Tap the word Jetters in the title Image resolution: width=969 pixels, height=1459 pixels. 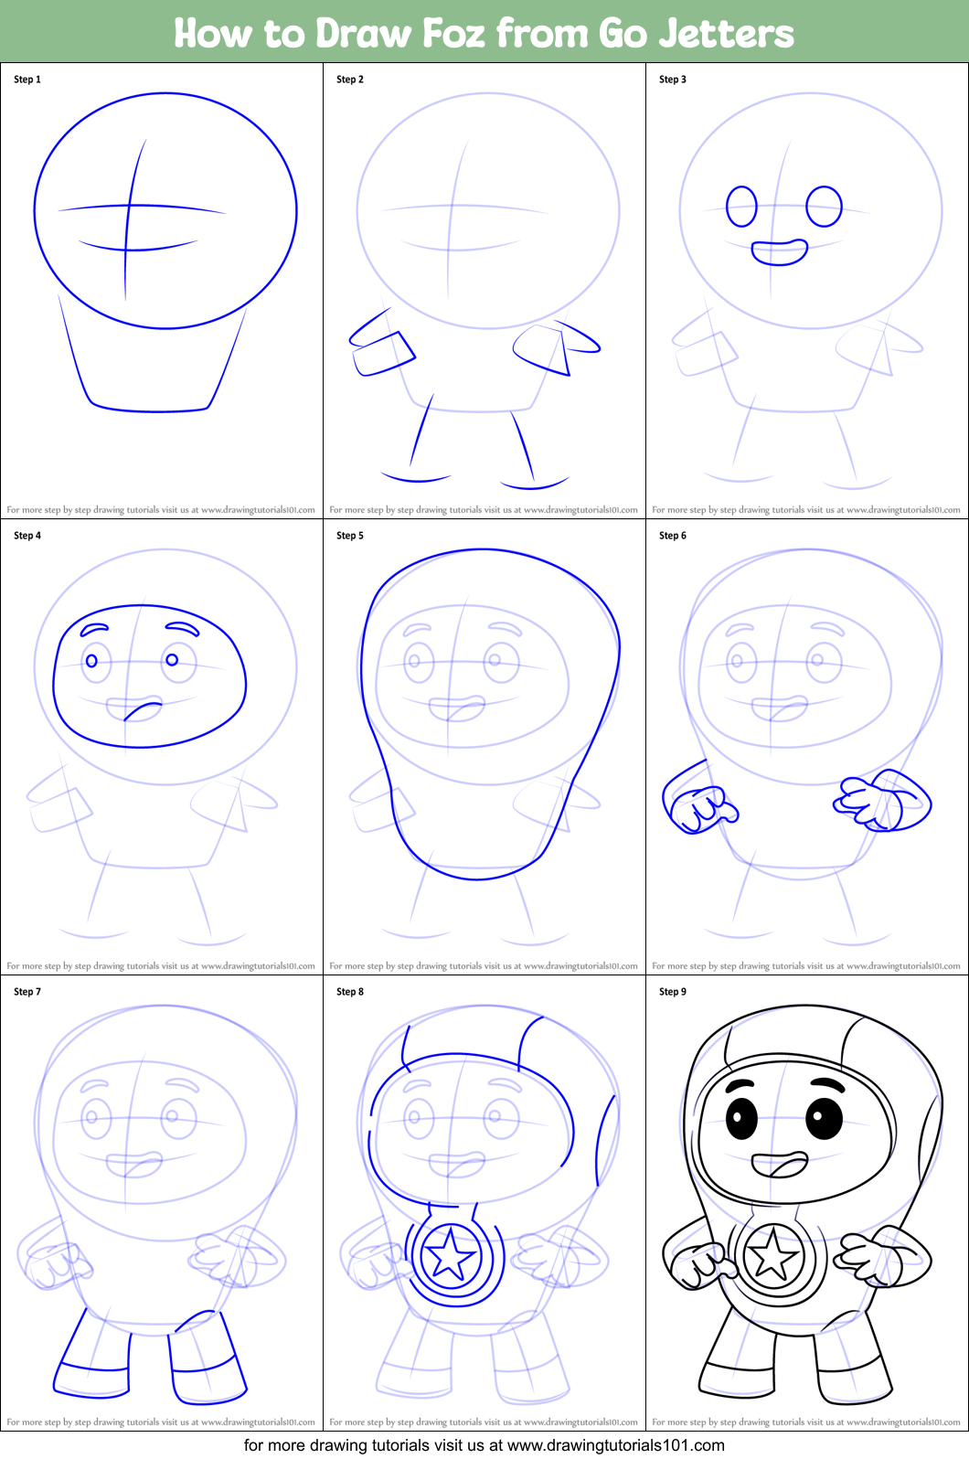[727, 34]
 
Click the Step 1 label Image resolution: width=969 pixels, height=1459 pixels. [27, 80]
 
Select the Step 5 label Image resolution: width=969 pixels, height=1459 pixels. [350, 536]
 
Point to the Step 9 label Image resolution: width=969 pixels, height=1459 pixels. [673, 992]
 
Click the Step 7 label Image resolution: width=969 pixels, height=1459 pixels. [27, 992]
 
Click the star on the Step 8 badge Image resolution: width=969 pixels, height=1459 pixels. [450, 1257]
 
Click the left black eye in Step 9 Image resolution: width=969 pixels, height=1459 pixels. [741, 1116]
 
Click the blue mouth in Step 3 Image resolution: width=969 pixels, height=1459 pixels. [779, 252]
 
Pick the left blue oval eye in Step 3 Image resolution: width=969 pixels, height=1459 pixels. [741, 207]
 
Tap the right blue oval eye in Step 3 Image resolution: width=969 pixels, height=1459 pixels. [824, 207]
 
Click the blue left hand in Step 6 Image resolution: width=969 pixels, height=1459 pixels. [698, 807]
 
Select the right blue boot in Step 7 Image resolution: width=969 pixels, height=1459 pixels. [207, 1362]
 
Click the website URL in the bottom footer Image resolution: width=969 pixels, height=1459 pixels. [615, 1445]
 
